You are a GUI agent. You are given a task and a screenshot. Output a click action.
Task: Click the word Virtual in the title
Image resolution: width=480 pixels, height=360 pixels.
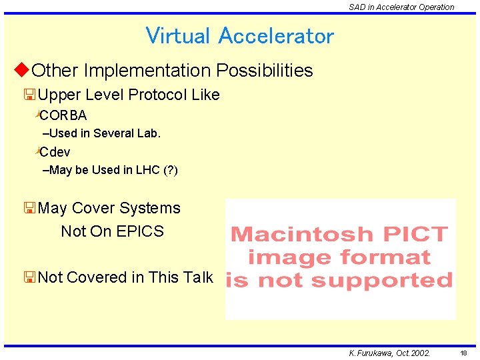click(178, 35)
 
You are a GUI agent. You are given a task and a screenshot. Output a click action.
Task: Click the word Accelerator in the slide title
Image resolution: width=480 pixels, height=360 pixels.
click(276, 35)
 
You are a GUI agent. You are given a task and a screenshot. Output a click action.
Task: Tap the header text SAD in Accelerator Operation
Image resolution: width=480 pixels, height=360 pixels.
click(401, 7)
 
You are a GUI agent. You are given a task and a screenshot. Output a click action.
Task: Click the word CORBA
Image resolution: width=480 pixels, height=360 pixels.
click(68, 115)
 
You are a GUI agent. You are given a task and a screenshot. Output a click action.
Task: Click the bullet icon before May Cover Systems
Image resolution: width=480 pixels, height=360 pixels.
click(29, 208)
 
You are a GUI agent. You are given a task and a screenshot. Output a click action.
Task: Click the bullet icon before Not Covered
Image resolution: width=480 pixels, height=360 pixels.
click(29, 277)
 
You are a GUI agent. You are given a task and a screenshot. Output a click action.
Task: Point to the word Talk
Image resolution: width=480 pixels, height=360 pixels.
click(198, 277)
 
